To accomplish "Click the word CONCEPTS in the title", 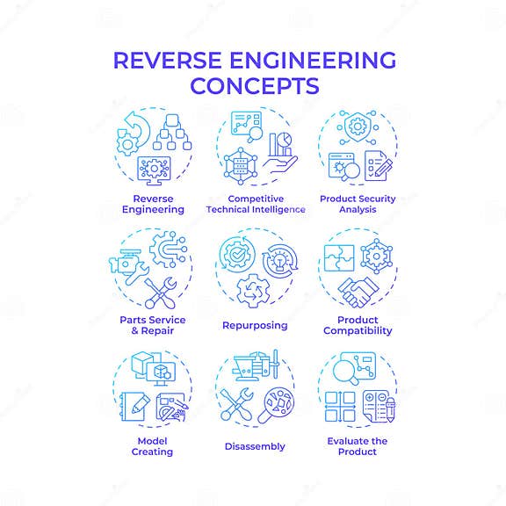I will [x=253, y=87].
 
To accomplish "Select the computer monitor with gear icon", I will [x=155, y=169].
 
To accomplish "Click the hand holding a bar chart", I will [x=279, y=151].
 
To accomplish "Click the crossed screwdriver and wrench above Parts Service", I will [x=161, y=294].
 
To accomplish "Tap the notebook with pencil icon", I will [x=134, y=406].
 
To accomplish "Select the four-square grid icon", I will [x=341, y=407].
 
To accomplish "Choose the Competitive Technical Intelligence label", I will [x=256, y=204].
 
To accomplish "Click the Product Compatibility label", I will [x=357, y=325].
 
